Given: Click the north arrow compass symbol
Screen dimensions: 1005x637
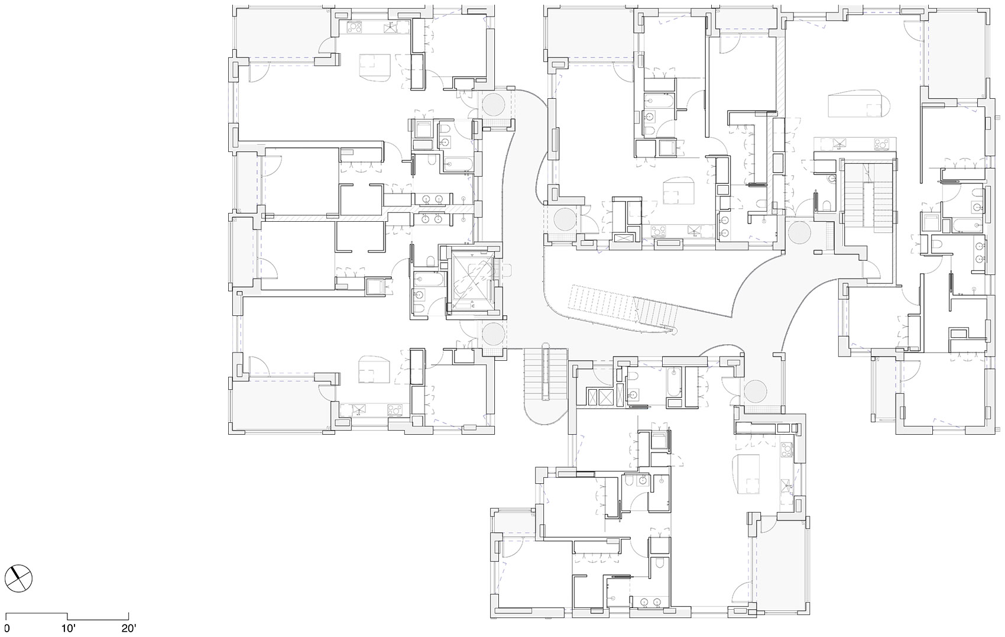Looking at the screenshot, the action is [18, 578].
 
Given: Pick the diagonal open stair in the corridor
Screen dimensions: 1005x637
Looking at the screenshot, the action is [624, 311].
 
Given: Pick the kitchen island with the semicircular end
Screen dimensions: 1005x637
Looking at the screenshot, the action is [857, 104].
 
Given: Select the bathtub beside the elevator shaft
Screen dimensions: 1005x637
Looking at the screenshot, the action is [429, 279].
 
